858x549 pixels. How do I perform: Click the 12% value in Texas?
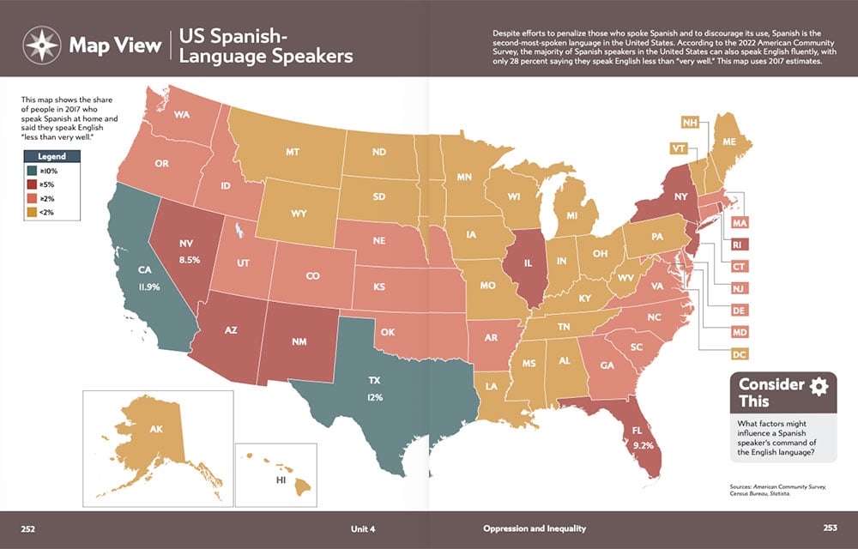(375, 397)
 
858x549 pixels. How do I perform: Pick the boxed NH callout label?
(689, 123)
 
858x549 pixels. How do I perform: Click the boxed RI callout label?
(739, 244)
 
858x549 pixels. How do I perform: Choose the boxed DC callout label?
(739, 353)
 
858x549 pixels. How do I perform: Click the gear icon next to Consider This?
(819, 385)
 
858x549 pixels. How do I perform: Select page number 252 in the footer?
(28, 528)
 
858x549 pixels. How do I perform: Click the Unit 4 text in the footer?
(363, 528)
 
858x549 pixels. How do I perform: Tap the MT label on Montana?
(292, 152)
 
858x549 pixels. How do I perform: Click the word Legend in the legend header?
(52, 156)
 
